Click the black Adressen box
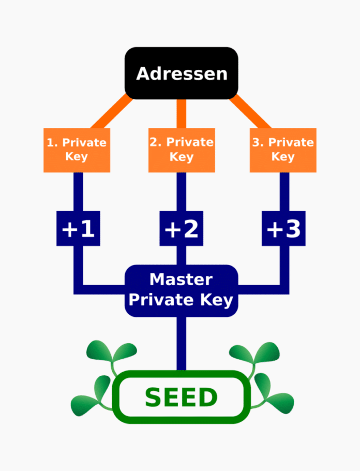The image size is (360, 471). [x=181, y=73]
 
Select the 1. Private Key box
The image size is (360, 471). [x=77, y=150]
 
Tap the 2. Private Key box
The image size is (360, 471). [x=181, y=150]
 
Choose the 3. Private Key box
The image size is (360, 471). [x=283, y=150]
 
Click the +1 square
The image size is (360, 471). [x=78, y=228]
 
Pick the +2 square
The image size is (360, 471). [x=181, y=228]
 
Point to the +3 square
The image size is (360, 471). [x=283, y=228]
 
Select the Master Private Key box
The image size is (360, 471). [x=181, y=290]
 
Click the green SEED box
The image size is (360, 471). [x=181, y=398]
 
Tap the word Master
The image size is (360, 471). [x=181, y=280]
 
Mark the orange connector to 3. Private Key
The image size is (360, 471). [x=250, y=112]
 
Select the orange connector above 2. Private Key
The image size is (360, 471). [x=181, y=113]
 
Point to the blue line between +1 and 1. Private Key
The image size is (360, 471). [x=78, y=192]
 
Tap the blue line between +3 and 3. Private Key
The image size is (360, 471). [x=284, y=192]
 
